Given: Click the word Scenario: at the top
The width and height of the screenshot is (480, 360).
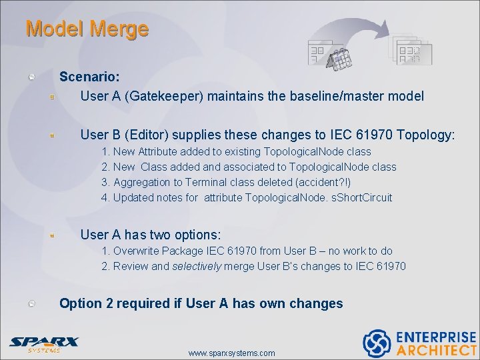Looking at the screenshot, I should (90, 77).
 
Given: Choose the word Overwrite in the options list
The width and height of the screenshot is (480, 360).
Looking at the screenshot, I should (138, 251).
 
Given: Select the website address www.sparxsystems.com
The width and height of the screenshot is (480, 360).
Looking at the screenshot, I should (231, 353).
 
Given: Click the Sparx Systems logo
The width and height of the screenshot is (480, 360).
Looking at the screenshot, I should (43, 344).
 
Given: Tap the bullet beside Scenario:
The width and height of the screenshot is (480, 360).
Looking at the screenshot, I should (31, 77).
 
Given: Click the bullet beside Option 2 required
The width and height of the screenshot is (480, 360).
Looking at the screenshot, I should (31, 304).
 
